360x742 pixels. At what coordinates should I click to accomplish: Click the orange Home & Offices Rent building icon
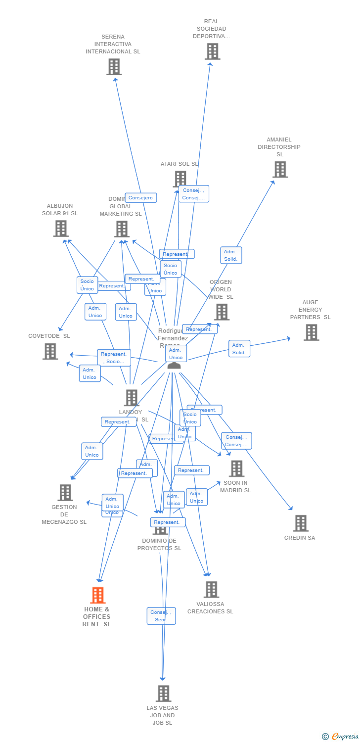[98, 595]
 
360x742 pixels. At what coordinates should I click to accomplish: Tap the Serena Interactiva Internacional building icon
[114, 67]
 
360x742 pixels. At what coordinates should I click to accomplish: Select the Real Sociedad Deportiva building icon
[212, 51]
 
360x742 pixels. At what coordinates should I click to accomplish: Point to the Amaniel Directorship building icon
[280, 169]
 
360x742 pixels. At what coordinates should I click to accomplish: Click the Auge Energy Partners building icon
[311, 332]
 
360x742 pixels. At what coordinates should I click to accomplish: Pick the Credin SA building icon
[300, 523]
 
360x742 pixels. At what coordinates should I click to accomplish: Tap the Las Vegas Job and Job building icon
[163, 694]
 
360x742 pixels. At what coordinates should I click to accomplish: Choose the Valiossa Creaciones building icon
[211, 589]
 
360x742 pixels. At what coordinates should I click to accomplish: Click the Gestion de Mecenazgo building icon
[65, 492]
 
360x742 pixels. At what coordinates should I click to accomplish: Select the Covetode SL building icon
[50, 351]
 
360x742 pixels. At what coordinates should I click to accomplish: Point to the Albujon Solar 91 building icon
[60, 229]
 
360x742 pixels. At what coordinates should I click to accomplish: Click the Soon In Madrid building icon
[236, 468]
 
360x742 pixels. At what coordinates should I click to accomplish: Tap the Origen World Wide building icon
[222, 312]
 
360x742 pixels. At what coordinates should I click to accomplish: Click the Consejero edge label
[141, 198]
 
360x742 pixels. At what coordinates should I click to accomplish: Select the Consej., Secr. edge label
[161, 616]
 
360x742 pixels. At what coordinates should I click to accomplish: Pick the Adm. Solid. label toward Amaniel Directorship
[231, 255]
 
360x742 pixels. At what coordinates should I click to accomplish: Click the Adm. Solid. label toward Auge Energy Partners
[239, 349]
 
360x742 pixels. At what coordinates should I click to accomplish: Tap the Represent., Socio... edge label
[114, 358]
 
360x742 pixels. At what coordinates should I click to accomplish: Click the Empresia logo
[341, 737]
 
